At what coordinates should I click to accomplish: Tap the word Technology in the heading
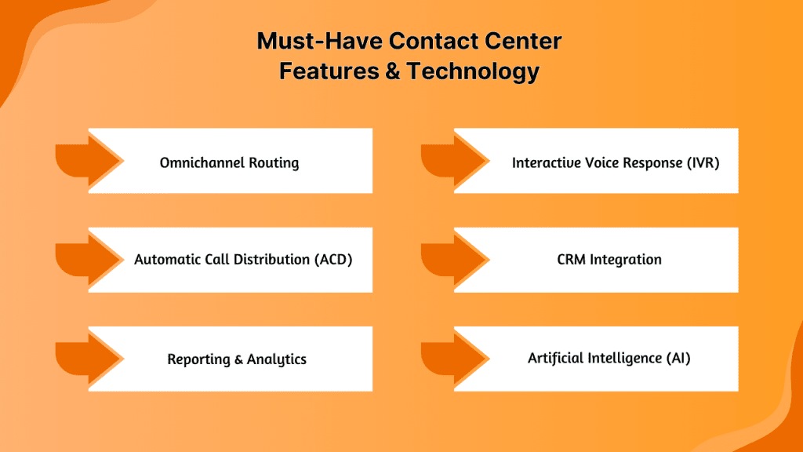[x=474, y=71]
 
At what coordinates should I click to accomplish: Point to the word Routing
[x=274, y=163]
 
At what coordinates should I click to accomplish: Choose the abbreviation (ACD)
[x=332, y=260]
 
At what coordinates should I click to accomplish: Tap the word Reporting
[x=198, y=359]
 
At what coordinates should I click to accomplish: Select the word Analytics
[x=277, y=359]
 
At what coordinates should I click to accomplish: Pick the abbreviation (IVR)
[x=699, y=163]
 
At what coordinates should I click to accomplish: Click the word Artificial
[x=556, y=358]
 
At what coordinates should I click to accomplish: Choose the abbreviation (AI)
[x=678, y=358]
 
